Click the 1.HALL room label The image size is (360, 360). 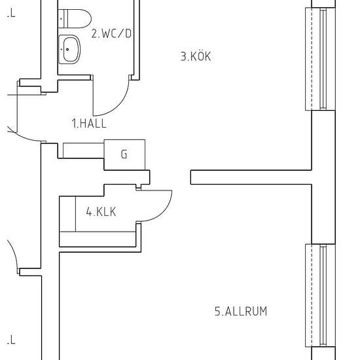point(89,123)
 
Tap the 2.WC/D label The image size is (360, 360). point(111,33)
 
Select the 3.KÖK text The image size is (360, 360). point(196,56)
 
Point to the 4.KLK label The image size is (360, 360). point(101,211)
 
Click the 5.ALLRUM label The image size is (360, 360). point(241,312)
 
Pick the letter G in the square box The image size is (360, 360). point(124,154)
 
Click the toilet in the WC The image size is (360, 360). point(75,18)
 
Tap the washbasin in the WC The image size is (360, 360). point(69,49)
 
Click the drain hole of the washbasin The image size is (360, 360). point(67,49)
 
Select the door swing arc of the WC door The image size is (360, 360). point(119,105)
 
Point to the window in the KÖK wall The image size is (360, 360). point(321,59)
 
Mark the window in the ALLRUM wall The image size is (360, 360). point(321,296)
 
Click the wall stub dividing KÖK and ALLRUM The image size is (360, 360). point(251,177)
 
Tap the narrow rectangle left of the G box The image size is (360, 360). point(83,151)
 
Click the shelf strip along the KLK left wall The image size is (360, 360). point(67,214)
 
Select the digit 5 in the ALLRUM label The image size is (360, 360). point(217,312)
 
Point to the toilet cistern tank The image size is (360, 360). point(63,18)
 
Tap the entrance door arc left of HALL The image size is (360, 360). point(26,137)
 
